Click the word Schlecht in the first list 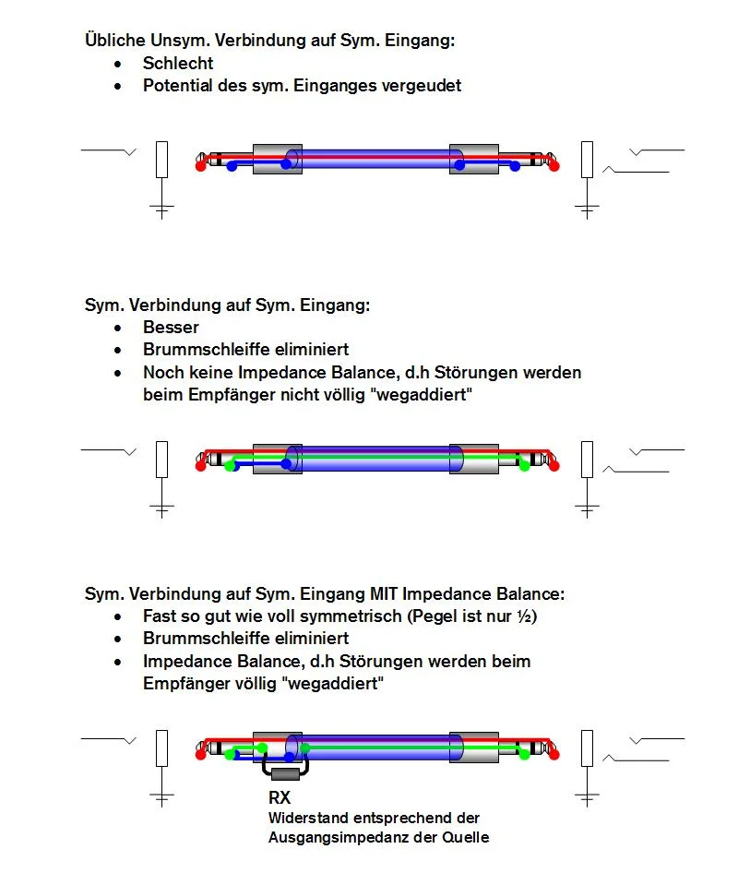point(178,63)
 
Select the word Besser point(171,327)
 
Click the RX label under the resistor point(280,797)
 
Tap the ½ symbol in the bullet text point(528,616)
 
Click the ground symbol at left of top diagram point(161,209)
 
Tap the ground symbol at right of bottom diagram point(587,796)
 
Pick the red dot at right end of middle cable point(554,466)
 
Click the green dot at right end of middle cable point(524,466)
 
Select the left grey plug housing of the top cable point(277,159)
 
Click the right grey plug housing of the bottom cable point(474,748)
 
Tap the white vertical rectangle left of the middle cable point(161,459)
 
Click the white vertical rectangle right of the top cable point(587,159)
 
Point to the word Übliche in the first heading point(113,41)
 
